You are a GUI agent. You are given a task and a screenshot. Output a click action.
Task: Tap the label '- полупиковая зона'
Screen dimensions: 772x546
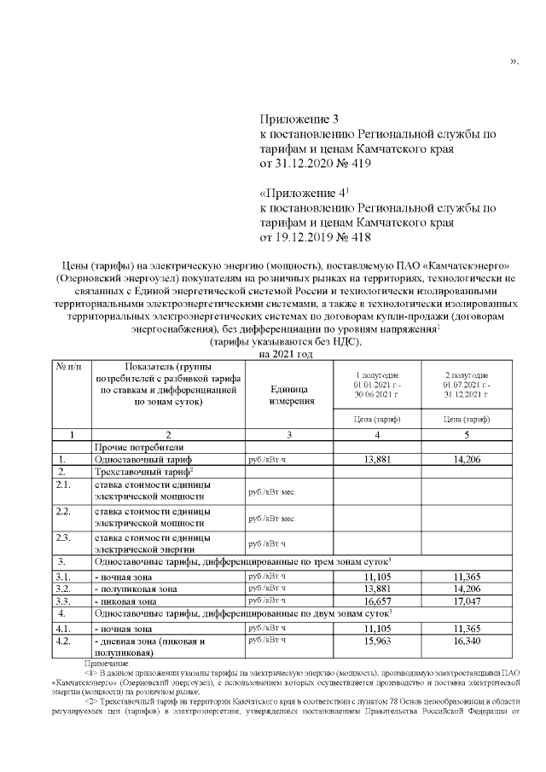coord(136,589)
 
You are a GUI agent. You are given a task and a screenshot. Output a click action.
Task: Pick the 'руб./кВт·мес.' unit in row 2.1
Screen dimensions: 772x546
coord(270,493)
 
